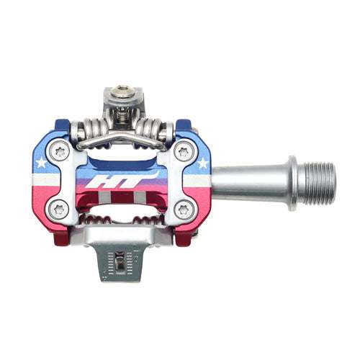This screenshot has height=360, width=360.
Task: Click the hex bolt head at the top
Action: pos(120,93)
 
